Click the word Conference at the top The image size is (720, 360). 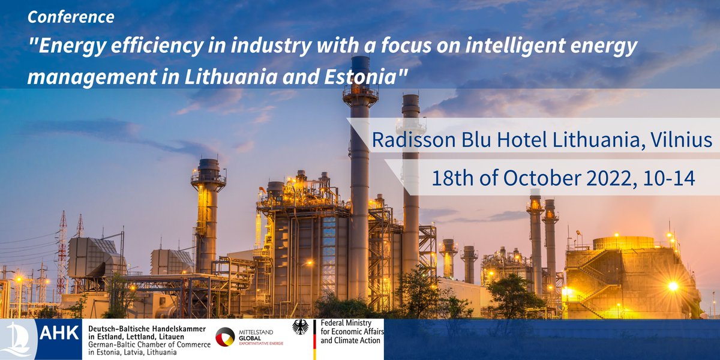point(71,17)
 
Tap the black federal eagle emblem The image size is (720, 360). point(300,327)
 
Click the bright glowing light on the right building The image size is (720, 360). point(673,286)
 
